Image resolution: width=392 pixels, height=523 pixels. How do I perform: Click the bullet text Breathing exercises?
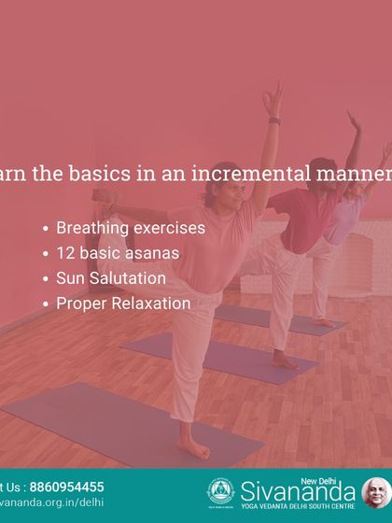click(x=131, y=228)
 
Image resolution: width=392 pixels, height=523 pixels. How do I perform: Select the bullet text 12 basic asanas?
click(x=117, y=253)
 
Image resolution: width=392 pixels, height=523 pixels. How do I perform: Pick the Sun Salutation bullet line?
click(x=111, y=278)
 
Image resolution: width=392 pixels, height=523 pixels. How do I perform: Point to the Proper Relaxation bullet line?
click(x=123, y=304)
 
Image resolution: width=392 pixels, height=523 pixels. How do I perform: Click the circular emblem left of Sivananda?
click(x=220, y=491)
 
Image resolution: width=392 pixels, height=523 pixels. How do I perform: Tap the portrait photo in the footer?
click(x=376, y=492)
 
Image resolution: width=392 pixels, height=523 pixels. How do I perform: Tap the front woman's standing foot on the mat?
click(x=193, y=451)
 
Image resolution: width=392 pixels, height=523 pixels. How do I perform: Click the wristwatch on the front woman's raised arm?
click(x=274, y=120)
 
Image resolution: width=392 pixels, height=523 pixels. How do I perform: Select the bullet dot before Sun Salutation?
click(x=47, y=279)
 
